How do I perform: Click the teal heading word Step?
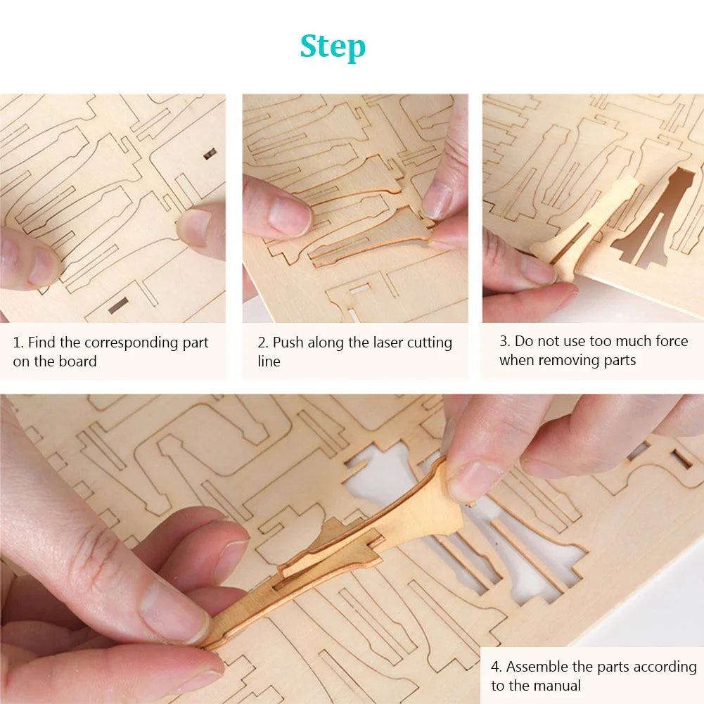click(333, 47)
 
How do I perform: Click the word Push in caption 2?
click(288, 343)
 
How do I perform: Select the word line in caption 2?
click(269, 361)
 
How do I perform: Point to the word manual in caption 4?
click(557, 686)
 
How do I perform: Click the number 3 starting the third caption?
click(504, 342)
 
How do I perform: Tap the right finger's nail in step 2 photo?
click(437, 200)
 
